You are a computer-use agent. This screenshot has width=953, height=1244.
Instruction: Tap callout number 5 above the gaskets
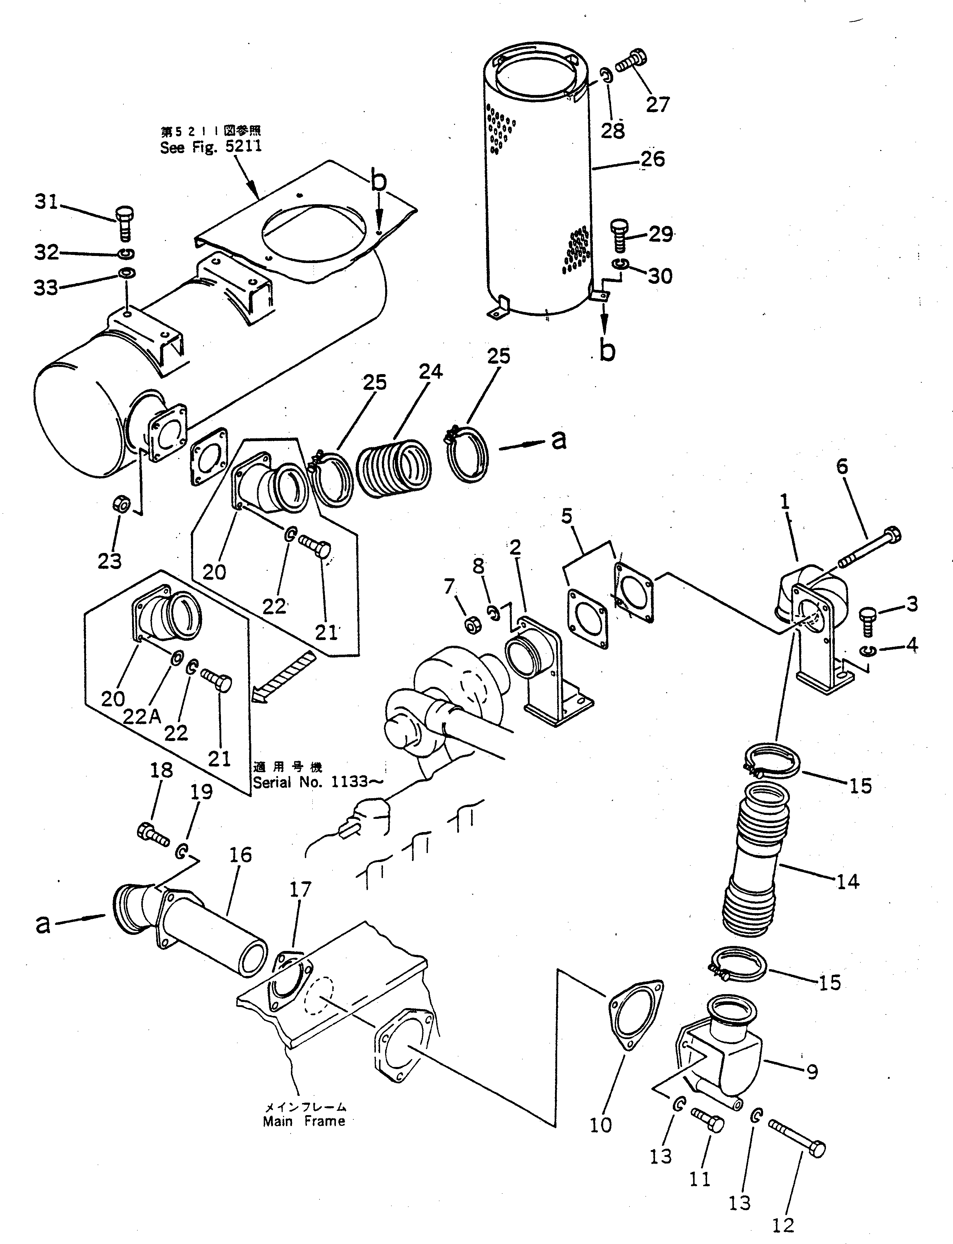coord(567,516)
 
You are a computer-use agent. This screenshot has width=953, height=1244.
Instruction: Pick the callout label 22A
coord(142,717)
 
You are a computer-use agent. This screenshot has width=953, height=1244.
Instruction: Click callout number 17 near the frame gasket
coord(300,890)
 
